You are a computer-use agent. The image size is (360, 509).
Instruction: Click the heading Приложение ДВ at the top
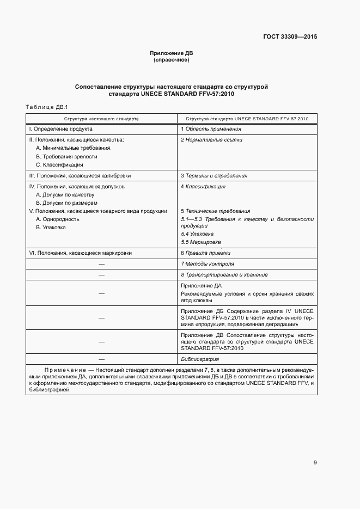172,53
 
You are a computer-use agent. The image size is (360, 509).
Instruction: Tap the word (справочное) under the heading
172,60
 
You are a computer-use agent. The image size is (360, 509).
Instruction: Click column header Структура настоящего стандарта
101,118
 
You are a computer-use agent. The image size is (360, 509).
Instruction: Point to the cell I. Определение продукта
60,129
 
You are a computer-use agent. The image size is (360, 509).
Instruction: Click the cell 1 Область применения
211,129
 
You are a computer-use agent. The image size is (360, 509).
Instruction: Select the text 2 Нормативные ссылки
212,140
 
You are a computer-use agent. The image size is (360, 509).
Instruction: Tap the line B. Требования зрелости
66,156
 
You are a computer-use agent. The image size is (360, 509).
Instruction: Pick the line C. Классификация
59,164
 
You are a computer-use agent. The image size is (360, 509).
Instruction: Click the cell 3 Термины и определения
214,176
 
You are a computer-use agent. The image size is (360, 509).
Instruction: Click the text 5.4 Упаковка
197,234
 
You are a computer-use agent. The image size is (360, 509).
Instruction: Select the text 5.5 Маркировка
201,242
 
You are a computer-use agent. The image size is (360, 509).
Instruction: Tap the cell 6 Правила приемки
206,253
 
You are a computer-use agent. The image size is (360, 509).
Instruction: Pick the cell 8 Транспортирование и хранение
224,275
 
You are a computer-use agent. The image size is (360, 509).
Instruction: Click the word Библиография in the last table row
200,359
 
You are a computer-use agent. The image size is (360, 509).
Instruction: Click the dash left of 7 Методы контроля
101,264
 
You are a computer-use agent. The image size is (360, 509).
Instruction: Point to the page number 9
315,463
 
